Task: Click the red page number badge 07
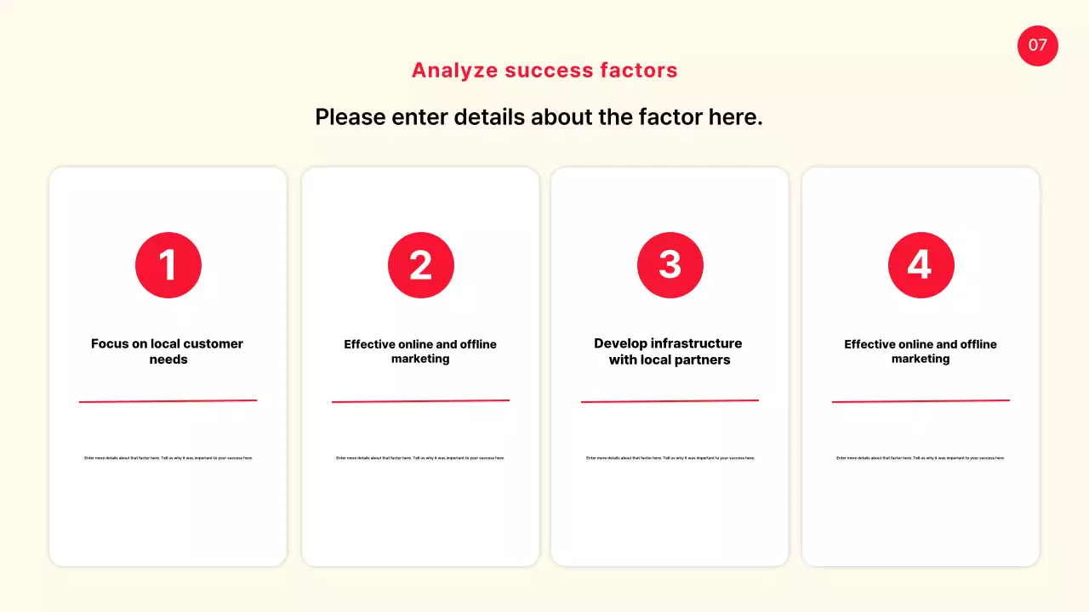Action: tap(1037, 46)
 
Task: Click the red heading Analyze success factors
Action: tap(544, 71)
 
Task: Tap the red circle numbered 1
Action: tap(168, 265)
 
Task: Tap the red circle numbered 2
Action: tap(421, 265)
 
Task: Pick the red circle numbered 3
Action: tap(670, 265)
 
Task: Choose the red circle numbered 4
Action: tap(921, 265)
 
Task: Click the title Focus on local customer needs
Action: tap(168, 351)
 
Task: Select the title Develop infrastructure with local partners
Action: tap(669, 351)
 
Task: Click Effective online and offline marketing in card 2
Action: tap(420, 351)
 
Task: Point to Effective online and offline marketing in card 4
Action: tap(921, 351)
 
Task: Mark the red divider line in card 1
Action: tap(168, 401)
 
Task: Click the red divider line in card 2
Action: tap(420, 401)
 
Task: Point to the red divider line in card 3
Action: tap(670, 401)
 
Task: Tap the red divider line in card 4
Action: tap(921, 401)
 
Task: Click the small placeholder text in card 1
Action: tap(168, 458)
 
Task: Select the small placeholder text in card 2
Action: tap(420, 458)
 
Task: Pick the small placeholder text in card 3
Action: tap(670, 458)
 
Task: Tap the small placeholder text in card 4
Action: tap(921, 458)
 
